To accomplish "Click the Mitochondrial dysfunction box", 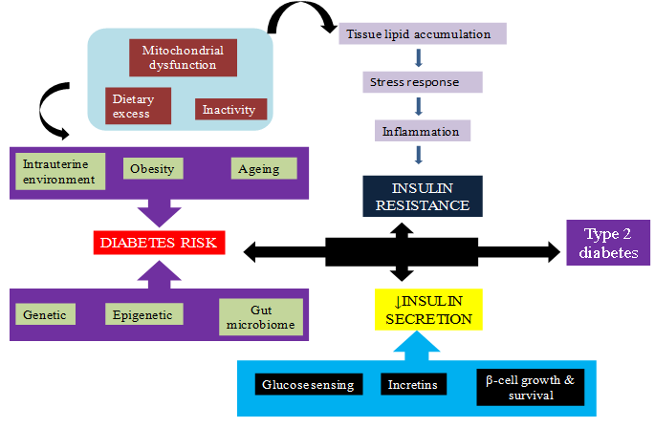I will [178, 56].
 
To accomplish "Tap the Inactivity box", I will [229, 109].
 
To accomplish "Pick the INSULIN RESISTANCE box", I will [422, 194].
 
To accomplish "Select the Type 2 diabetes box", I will [607, 244].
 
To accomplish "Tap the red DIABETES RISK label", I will [160, 244].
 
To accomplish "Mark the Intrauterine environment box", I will [61, 170].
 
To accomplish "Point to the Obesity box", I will [152, 169].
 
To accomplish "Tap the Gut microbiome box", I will [260, 318].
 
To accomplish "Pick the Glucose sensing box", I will [308, 385].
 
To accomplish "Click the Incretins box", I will [412, 385].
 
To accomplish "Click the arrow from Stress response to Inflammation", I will [419, 107].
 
